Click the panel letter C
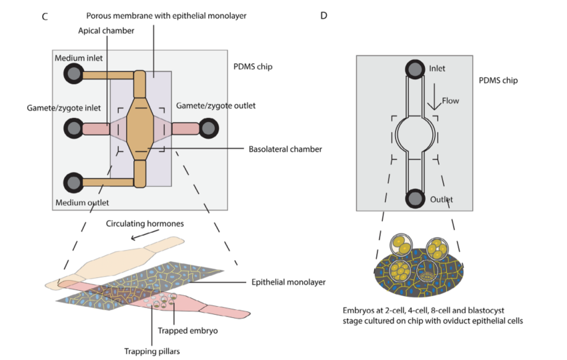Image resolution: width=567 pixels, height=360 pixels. coord(44,16)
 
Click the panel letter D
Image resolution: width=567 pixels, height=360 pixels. coord(324,15)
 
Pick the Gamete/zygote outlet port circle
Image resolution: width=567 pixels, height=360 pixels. coord(209,128)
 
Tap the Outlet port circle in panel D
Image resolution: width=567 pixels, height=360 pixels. coord(414,198)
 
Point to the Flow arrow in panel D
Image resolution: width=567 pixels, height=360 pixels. coord(433,99)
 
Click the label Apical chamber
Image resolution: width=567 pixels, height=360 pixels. coord(106,31)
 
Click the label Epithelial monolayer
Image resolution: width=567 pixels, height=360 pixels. coord(288,282)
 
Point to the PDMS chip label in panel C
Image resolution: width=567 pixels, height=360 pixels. coord(253,67)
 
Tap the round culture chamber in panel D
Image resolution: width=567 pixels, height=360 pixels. coord(414,134)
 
